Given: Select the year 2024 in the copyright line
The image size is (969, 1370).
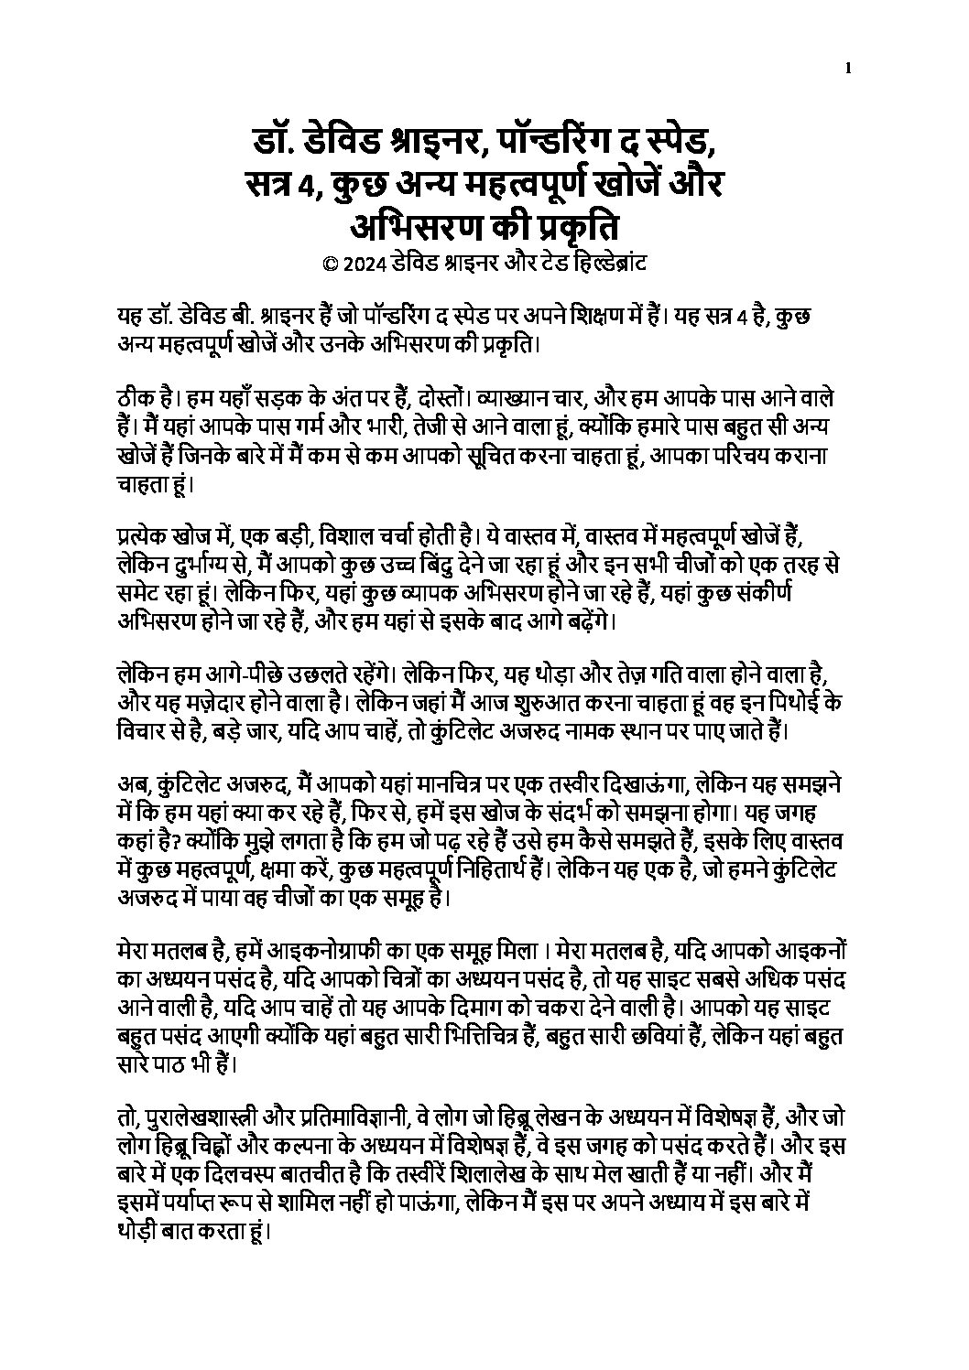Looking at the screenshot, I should tap(363, 265).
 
